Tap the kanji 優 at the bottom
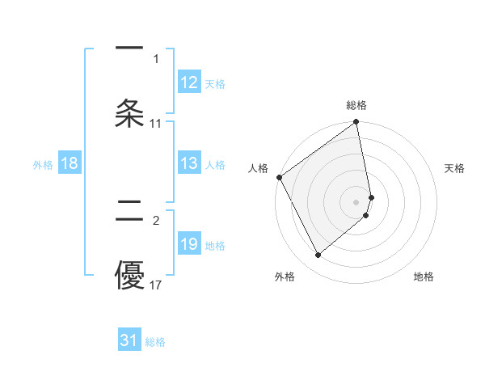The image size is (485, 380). click(129, 277)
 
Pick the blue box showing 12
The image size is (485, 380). click(189, 83)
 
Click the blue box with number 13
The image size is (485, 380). click(189, 164)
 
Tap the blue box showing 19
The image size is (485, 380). click(189, 245)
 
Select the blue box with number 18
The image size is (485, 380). click(70, 164)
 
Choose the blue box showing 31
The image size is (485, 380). click(129, 341)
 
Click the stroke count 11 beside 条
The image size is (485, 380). click(156, 124)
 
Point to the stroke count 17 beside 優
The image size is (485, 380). click(156, 285)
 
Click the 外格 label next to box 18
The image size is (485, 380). click(43, 165)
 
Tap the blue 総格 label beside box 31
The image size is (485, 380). click(155, 342)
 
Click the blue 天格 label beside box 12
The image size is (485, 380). click(215, 84)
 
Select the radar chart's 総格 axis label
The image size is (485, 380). click(356, 105)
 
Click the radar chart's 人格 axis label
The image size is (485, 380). click(258, 168)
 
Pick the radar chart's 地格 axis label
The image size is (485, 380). click(424, 277)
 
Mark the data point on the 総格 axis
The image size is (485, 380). click(356, 124)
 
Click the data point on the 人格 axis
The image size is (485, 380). click(279, 177)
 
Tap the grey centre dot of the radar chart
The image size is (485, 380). click(356, 201)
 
